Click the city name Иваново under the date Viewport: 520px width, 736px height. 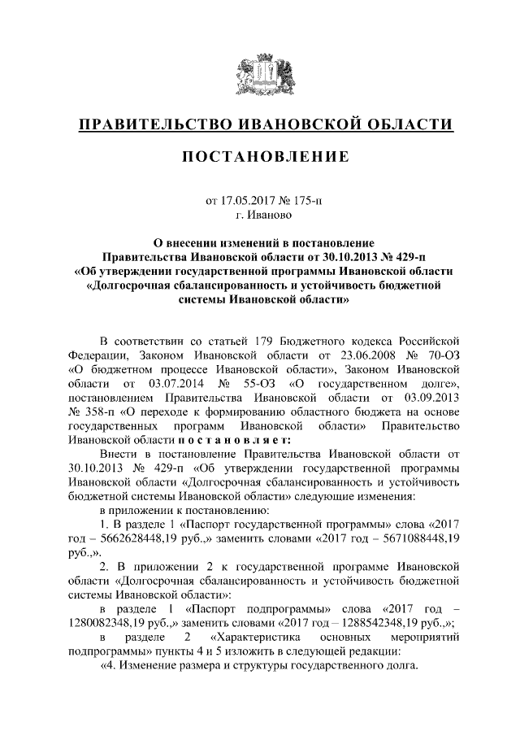pos(266,216)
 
